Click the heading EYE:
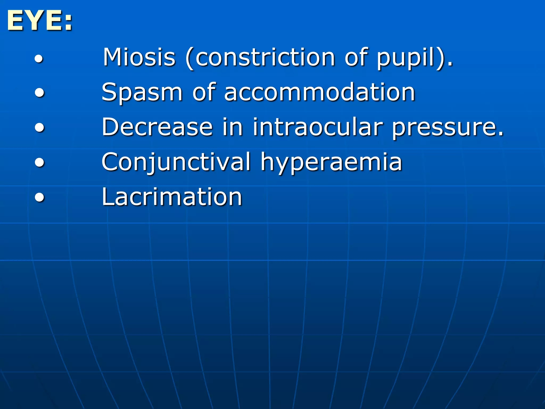pos(40,21)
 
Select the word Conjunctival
pos(176,162)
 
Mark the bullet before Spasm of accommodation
pos(39,93)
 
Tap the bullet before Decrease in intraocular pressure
pos(39,128)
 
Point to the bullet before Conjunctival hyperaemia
pos(39,163)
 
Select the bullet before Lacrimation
pos(39,198)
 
